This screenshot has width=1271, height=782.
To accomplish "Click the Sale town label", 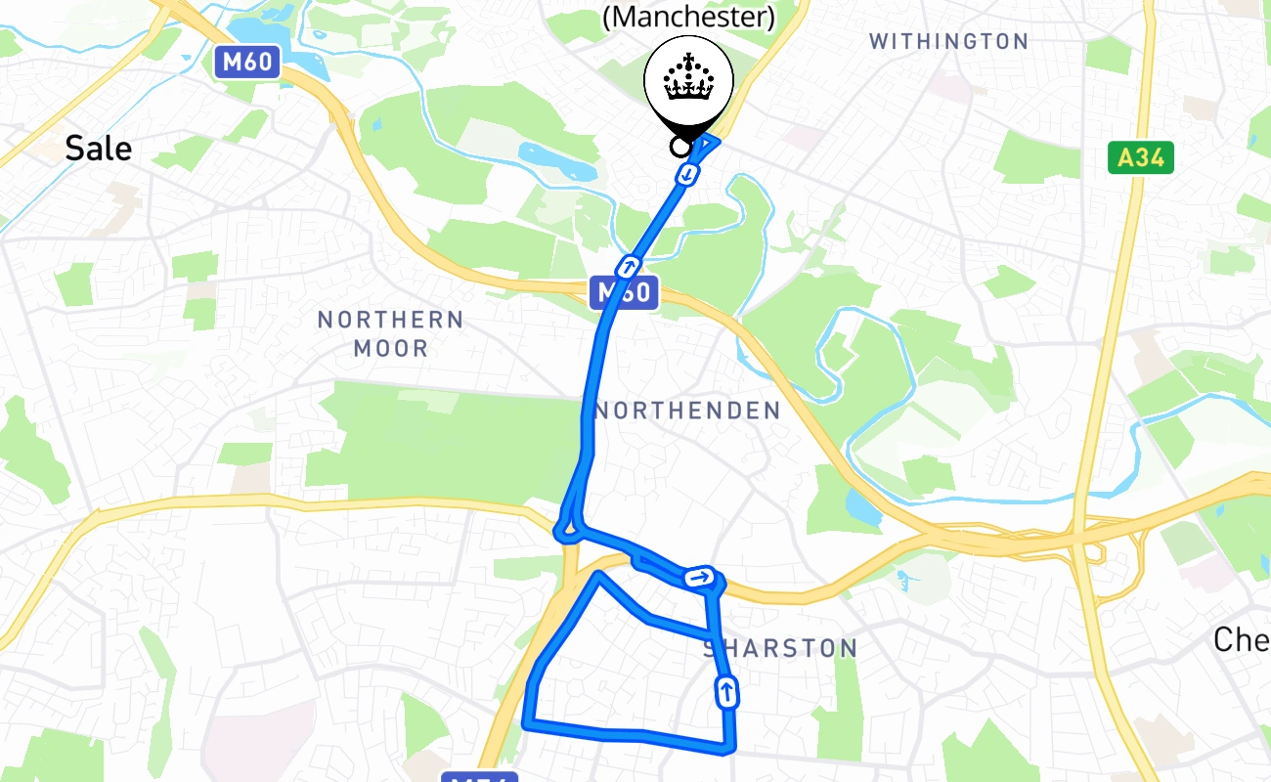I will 98,149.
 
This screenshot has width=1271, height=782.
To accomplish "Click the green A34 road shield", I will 1140,157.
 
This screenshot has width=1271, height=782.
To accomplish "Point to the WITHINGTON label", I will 948,41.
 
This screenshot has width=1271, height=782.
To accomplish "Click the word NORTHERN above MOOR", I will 390,320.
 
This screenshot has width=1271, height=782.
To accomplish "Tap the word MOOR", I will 390,348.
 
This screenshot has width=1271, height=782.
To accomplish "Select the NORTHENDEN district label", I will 687,411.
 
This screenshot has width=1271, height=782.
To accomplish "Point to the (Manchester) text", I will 689,17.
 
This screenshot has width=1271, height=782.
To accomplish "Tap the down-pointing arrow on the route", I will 689,174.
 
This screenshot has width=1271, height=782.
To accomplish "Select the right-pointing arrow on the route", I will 698,577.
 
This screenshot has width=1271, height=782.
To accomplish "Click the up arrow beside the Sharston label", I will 726,692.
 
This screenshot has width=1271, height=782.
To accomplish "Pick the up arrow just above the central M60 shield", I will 629,265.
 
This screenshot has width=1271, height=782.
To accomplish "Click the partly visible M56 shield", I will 478,777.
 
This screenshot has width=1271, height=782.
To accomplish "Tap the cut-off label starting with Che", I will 1242,639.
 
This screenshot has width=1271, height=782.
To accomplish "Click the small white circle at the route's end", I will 679,147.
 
